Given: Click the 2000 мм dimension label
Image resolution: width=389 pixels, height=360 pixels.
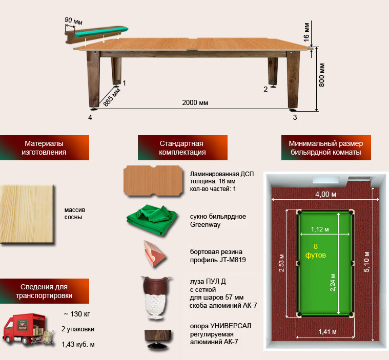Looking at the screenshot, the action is click(x=195, y=102).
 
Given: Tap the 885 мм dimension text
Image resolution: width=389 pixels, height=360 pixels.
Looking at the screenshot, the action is click(x=112, y=97).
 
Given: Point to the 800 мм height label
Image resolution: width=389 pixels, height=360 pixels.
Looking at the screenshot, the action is click(x=321, y=75).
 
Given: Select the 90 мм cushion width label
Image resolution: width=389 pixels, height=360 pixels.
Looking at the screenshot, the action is click(x=73, y=21).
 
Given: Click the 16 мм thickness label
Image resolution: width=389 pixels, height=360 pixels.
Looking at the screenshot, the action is click(x=307, y=32).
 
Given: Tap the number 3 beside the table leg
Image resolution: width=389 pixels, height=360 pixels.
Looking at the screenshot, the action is click(x=295, y=117).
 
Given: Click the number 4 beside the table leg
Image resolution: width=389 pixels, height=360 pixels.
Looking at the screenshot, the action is click(x=90, y=117).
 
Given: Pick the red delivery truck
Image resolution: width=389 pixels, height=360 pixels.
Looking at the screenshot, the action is click(x=28, y=330).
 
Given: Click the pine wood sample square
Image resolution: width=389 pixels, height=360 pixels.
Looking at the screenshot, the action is click(x=27, y=215).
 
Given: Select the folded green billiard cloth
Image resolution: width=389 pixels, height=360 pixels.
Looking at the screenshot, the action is click(x=152, y=219).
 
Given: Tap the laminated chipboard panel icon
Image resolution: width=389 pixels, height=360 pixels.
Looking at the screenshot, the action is click(x=153, y=180).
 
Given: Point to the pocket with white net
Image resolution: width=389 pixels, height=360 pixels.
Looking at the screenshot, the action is click(x=156, y=298).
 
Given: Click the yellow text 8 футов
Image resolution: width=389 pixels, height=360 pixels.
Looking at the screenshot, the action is click(x=316, y=250).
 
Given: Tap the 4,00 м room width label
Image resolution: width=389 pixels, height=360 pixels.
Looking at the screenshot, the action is click(x=326, y=194).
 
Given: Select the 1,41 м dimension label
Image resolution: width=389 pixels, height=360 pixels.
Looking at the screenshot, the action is click(x=327, y=332).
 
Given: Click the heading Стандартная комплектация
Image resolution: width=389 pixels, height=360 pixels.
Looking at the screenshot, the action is click(x=182, y=148).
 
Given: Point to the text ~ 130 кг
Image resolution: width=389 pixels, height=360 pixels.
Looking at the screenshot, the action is click(x=77, y=314).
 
